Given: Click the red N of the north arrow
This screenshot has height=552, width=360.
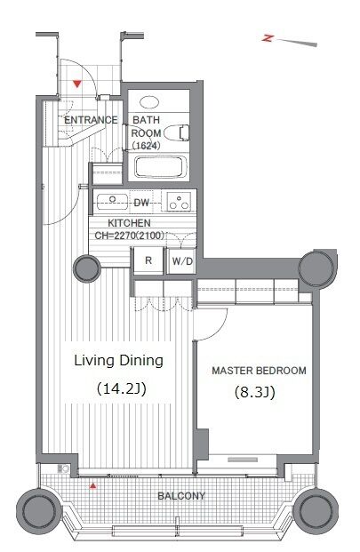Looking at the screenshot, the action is [268, 38].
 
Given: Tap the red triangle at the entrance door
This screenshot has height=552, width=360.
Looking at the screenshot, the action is [77, 84].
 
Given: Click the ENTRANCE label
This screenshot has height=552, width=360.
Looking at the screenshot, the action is [91, 120].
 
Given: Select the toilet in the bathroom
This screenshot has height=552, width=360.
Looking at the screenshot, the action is [177, 132].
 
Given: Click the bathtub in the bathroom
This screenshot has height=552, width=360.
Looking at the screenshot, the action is [159, 167].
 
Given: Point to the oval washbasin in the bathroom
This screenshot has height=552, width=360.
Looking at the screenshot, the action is [149, 102].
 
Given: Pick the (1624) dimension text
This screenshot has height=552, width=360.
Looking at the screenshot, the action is [146, 146].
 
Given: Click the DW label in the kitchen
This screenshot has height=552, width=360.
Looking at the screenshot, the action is [141, 203].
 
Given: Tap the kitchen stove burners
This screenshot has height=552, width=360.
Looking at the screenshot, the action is [179, 202].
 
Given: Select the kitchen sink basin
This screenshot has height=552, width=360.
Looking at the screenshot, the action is [112, 202].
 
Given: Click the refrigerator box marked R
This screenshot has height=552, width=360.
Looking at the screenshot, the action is [148, 260].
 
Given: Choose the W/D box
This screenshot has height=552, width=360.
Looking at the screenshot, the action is [182, 261].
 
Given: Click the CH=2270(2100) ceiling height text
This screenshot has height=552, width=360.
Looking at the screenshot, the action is [130, 236].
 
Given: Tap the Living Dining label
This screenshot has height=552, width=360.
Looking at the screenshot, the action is [118, 361].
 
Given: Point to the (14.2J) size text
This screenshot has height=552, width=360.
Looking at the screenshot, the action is [121, 388].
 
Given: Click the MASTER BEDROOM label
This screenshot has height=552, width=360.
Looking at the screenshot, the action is [259, 371].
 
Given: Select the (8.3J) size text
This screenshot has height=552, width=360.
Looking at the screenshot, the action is [254, 392].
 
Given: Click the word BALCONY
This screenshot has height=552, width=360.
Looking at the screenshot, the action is [181, 496].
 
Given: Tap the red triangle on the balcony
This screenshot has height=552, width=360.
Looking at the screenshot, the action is [93, 486].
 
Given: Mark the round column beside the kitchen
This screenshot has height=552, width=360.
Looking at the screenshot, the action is [87, 268].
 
